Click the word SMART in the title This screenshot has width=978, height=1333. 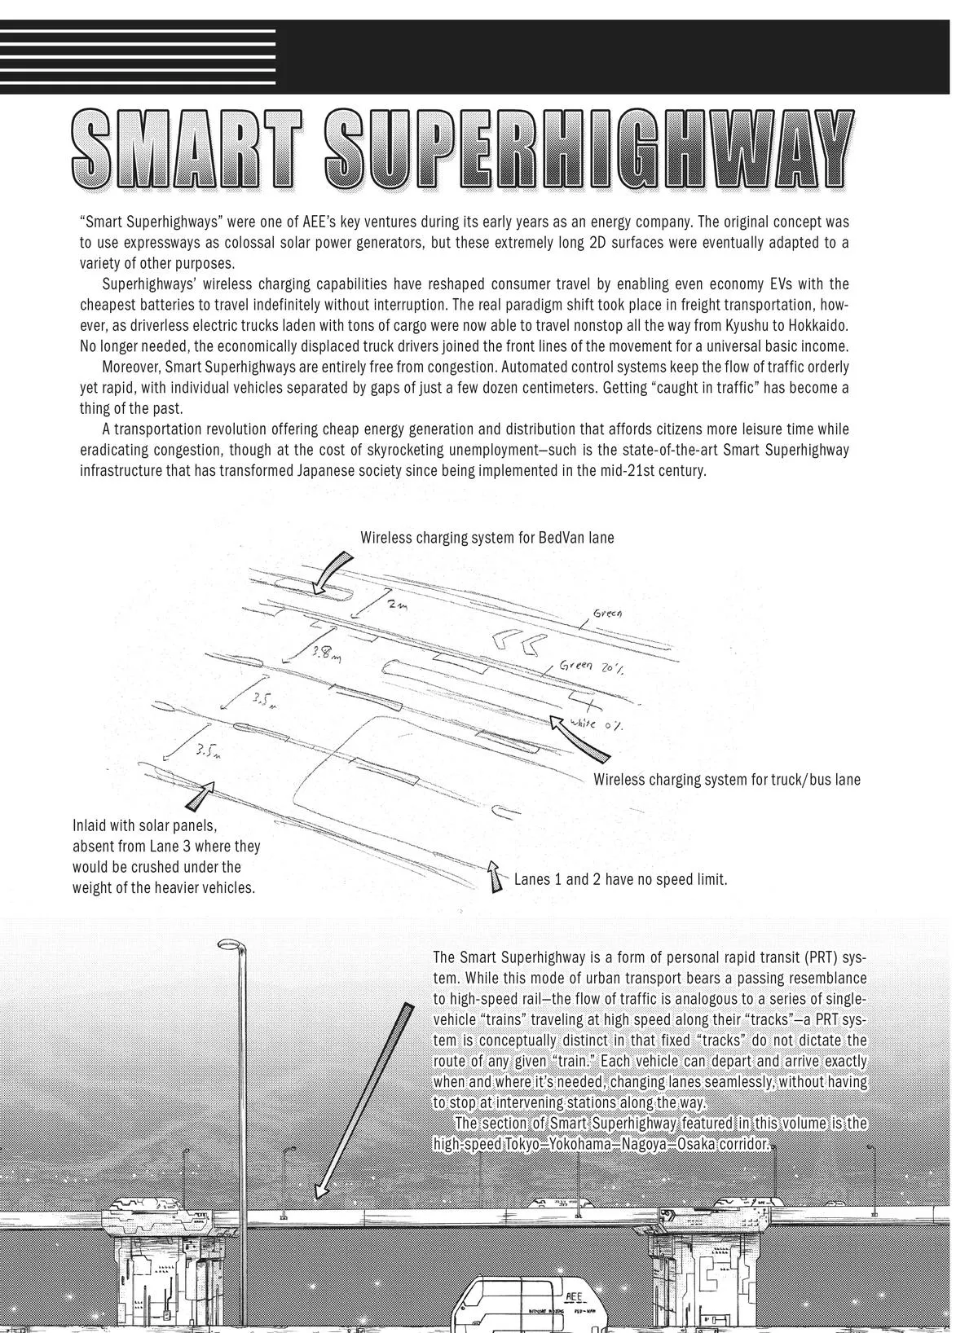click(190, 148)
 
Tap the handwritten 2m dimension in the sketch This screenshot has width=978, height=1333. click(397, 606)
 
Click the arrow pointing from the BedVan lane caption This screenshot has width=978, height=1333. click(332, 570)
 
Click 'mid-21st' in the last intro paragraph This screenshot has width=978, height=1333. click(601, 471)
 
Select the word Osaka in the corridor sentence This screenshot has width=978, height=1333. click(696, 1145)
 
